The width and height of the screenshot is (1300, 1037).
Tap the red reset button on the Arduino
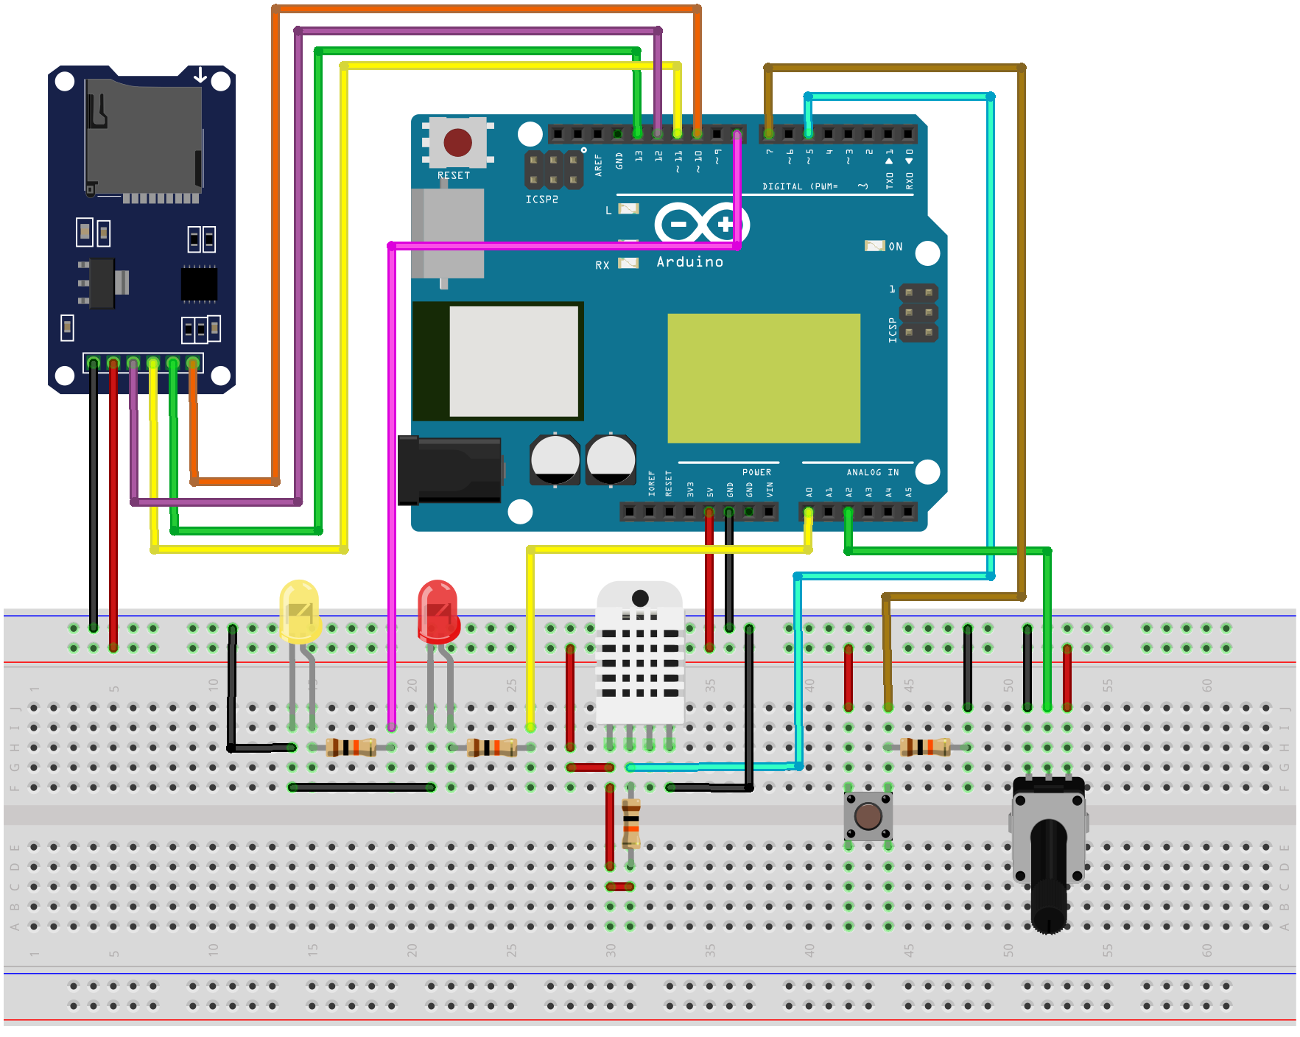457,142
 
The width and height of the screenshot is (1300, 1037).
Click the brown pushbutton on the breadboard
868,816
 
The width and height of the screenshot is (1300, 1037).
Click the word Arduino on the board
689,262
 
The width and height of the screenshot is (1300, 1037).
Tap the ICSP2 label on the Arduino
541,200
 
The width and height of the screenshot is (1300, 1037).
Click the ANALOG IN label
872,472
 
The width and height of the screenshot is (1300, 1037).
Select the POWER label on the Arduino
756,472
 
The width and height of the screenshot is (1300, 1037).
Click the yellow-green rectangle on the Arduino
764,379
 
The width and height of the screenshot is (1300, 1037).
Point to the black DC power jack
449,470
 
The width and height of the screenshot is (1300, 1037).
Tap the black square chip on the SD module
199,284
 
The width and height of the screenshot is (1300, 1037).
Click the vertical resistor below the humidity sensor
631,823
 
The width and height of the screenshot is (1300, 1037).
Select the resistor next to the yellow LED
351,748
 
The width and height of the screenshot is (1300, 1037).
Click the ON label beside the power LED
895,247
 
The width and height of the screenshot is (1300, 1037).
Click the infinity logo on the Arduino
701,223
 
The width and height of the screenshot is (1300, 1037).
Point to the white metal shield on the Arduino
513,362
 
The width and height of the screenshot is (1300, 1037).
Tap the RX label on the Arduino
602,265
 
